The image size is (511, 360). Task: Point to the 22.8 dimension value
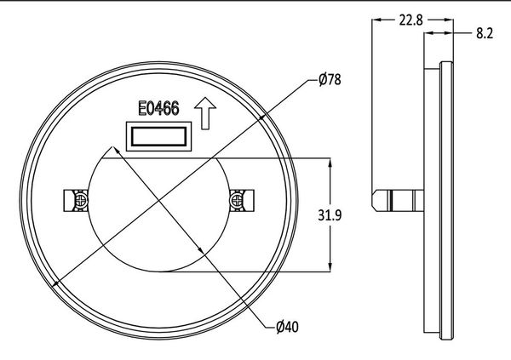(410, 19)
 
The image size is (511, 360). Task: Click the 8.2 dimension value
(485, 33)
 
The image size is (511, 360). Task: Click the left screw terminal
(77, 199)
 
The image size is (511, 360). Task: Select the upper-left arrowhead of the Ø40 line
(105, 151)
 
